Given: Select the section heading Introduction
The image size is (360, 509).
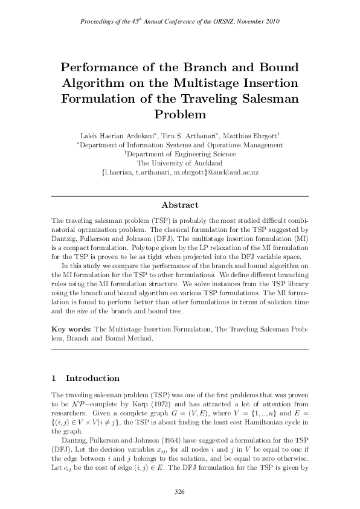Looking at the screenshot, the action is pyautogui.click(x=92, y=379).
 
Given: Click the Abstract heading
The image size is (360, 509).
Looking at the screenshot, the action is pyautogui.click(x=179, y=205).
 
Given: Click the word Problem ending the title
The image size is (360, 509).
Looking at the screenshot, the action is pyautogui.click(x=180, y=114).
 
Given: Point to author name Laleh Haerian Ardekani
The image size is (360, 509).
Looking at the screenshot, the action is pyautogui.click(x=120, y=135).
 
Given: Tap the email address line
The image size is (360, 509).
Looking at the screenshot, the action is pyautogui.click(x=180, y=172).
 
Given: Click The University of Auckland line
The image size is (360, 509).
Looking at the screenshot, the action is pyautogui.click(x=180, y=163).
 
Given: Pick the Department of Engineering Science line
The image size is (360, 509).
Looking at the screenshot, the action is pyautogui.click(x=180, y=154).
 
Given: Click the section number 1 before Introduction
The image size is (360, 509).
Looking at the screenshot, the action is pyautogui.click(x=54, y=379).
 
